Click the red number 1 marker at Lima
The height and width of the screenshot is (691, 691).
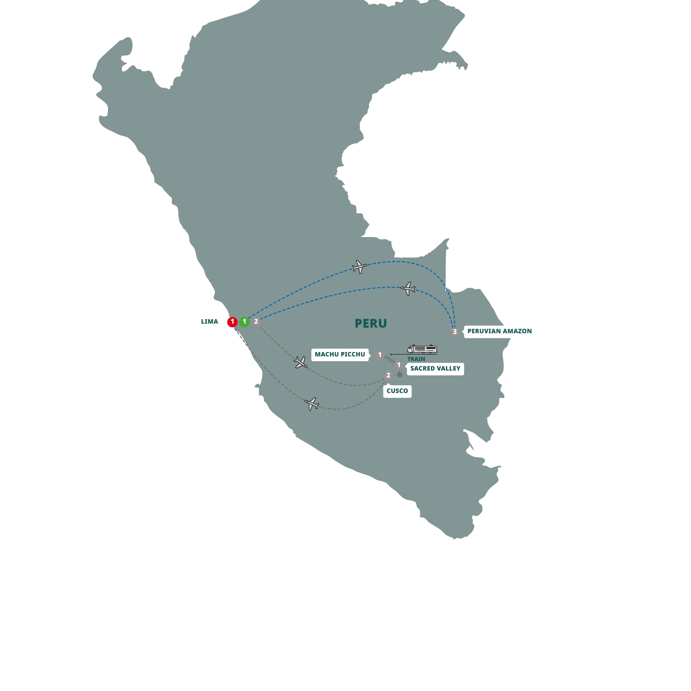(232, 322)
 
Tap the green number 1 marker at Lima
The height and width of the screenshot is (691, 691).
(244, 322)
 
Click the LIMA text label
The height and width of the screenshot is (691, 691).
(209, 322)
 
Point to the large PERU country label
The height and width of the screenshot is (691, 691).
(371, 323)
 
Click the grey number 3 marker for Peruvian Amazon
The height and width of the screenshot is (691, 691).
(455, 332)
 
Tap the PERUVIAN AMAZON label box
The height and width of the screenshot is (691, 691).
(499, 331)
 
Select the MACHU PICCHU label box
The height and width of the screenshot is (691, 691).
(340, 355)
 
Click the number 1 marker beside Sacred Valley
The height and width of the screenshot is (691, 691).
(399, 365)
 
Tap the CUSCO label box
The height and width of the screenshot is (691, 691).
(397, 391)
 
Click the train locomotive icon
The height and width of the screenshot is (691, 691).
(422, 349)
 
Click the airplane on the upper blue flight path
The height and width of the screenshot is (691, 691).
(359, 267)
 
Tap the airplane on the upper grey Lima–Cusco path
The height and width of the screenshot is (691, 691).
(301, 363)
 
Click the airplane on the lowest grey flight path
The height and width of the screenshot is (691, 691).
(312, 403)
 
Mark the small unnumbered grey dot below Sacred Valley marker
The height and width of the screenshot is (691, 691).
(400, 375)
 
